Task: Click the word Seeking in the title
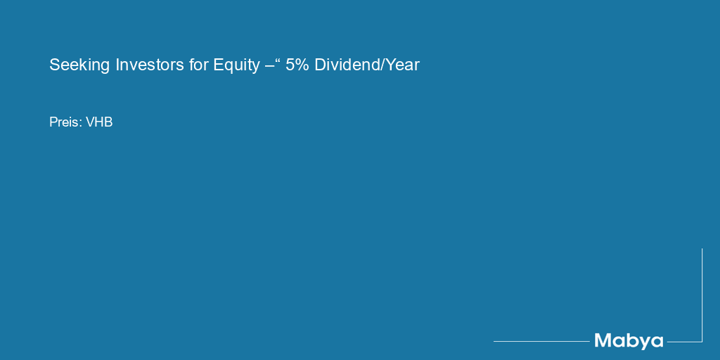[79, 65]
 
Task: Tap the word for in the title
[198, 65]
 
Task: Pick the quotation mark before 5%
[277, 60]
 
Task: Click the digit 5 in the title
[290, 65]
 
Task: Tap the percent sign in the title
[302, 65]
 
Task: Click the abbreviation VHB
[99, 122]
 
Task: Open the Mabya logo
[629, 342]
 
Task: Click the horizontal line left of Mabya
[542, 341]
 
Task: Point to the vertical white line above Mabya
[702, 295]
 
